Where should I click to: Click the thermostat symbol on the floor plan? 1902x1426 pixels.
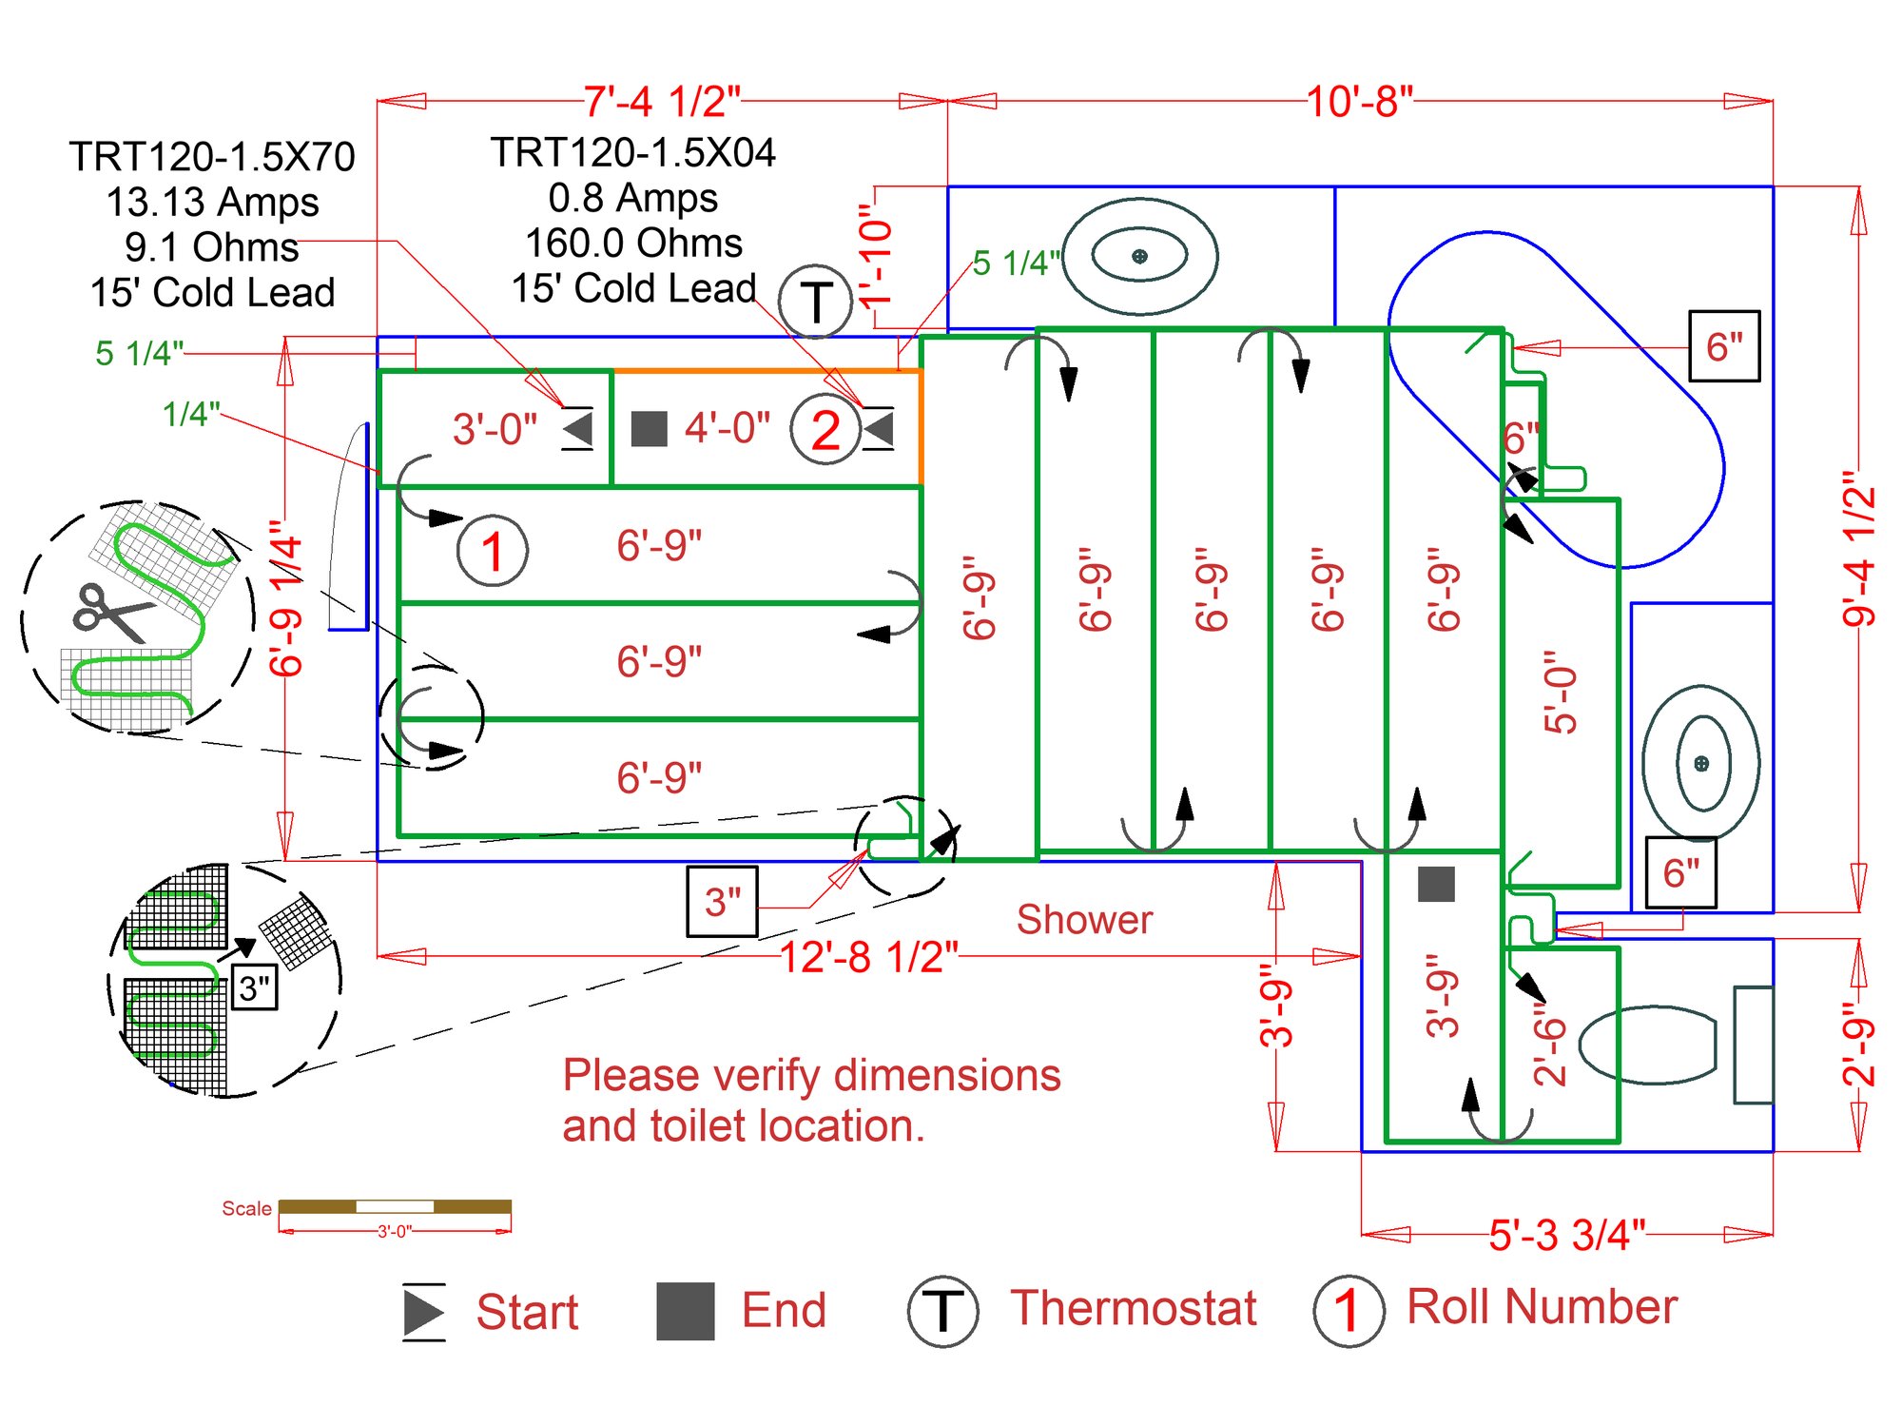[x=815, y=302]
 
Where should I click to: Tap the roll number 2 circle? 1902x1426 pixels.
[x=825, y=429]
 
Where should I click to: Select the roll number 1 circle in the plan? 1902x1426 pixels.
[x=492, y=551]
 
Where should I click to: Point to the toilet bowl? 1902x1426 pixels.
[x=1647, y=1045]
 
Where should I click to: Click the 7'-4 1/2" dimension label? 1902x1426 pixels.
[x=662, y=101]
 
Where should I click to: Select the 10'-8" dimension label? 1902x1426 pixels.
[x=1360, y=101]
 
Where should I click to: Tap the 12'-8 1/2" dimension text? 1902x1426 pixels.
[x=869, y=957]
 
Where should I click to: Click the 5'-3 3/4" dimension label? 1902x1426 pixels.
[x=1567, y=1235]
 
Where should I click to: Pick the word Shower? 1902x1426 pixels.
[x=1084, y=920]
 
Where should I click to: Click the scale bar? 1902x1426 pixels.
[x=395, y=1206]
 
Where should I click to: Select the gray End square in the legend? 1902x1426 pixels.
[x=685, y=1311]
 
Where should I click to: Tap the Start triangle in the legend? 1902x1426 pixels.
[x=422, y=1312]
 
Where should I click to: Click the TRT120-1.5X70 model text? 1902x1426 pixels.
[x=212, y=156]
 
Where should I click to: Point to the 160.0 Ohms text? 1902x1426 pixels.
[x=633, y=243]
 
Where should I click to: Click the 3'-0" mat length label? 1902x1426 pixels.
[x=495, y=429]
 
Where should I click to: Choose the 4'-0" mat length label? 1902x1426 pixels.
[x=728, y=428]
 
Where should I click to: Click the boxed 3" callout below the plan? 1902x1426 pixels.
[x=723, y=901]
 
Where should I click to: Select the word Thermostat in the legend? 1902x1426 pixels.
[x=1134, y=1308]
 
